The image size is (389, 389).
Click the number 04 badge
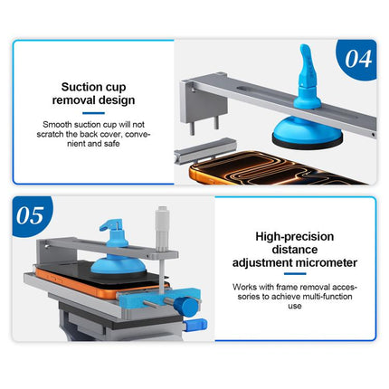[x=357, y=59]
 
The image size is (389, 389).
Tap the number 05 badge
[x=31, y=215]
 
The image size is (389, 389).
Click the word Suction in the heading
[x=78, y=87]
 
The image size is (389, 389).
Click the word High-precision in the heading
[x=295, y=236]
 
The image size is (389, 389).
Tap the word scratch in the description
[x=50, y=134]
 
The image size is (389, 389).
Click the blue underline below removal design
[x=93, y=113]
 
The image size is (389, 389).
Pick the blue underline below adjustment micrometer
[x=295, y=274]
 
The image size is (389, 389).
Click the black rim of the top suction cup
[x=307, y=142]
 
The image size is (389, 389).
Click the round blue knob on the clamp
[x=185, y=307]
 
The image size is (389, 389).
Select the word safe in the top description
[x=111, y=144]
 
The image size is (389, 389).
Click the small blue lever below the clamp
[x=195, y=325]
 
